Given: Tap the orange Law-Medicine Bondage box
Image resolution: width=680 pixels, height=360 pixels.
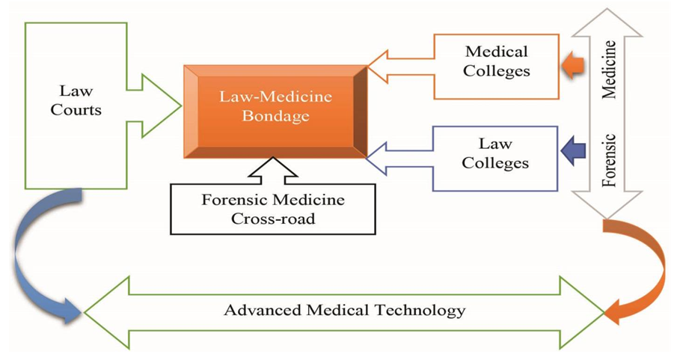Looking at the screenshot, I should pos(275,110).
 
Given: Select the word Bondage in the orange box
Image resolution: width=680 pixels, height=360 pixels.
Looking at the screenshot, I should pos(275,117).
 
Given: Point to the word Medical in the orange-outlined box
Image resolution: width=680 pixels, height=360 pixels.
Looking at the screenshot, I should pos(496,52).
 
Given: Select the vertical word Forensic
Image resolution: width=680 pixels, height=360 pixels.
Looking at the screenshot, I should pos(610,160).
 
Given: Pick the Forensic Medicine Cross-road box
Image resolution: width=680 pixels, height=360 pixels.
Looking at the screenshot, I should pos(273,210).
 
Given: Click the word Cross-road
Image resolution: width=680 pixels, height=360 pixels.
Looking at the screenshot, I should pos(273,219).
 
